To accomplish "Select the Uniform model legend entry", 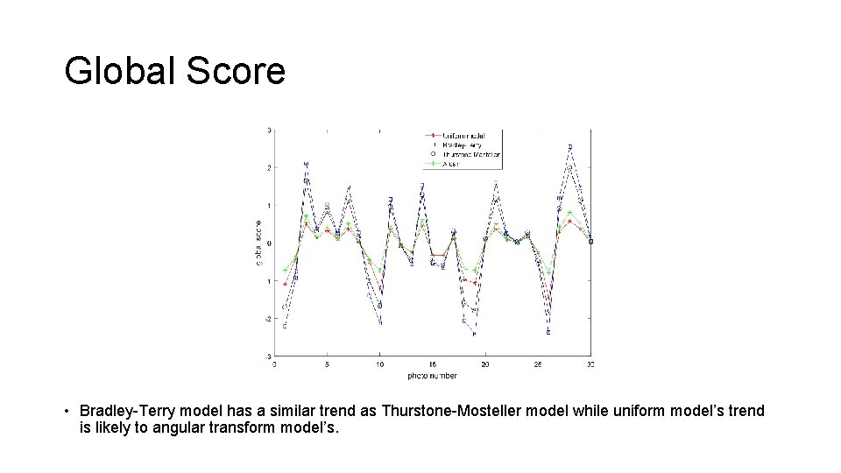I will [463, 136].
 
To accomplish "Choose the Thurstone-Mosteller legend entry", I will [471, 153].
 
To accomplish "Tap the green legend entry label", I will [451, 163].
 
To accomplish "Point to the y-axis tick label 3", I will [269, 131].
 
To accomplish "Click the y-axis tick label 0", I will [269, 244].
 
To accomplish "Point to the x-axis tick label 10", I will [379, 364].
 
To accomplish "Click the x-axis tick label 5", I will [327, 364].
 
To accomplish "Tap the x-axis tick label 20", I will [485, 364].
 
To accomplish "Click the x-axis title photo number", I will [432, 376].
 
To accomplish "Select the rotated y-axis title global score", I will [259, 244].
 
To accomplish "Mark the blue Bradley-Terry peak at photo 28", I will [570, 146].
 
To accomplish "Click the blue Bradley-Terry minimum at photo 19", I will [474, 334].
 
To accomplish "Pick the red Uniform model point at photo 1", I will [285, 284].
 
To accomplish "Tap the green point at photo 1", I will [285, 270].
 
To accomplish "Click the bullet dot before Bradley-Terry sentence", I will [67, 411].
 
